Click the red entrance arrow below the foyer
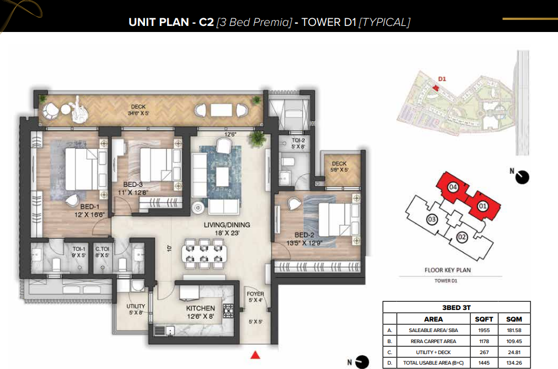pyautogui.click(x=255, y=355)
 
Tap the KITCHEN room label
pyautogui.click(x=200, y=308)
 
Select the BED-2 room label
pyautogui.click(x=304, y=235)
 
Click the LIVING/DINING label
pyautogui.click(x=227, y=225)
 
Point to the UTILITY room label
pyautogui.click(x=136, y=306)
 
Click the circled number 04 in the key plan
pyautogui.click(x=453, y=187)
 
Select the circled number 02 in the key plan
pyautogui.click(x=462, y=237)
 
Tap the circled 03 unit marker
pyautogui.click(x=432, y=219)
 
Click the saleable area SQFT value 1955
pyautogui.click(x=484, y=330)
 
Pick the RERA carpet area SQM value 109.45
pyautogui.click(x=514, y=341)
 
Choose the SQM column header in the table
pyautogui.click(x=514, y=319)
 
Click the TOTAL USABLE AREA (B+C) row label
pyautogui.click(x=433, y=363)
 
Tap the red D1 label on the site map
pyautogui.click(x=442, y=79)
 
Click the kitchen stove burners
pyautogui.click(x=228, y=311)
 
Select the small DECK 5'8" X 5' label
pyautogui.click(x=339, y=167)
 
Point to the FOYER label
pyautogui.click(x=255, y=294)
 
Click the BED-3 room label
pyautogui.click(x=133, y=185)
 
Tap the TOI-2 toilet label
pyautogui.click(x=298, y=141)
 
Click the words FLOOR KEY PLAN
pyautogui.click(x=447, y=270)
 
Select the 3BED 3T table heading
pyautogui.click(x=456, y=307)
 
